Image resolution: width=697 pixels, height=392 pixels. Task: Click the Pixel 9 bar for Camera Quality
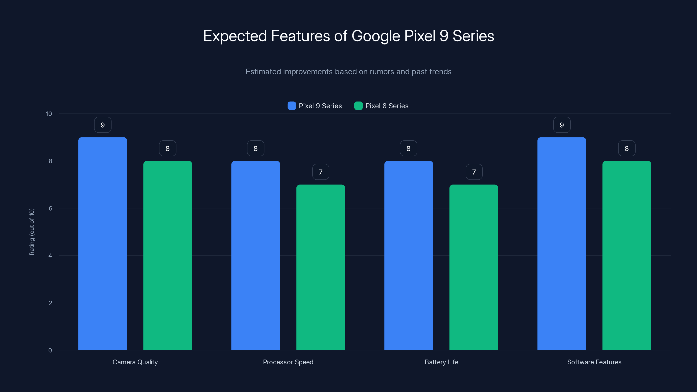103,243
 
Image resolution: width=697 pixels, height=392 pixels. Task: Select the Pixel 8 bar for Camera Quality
167,255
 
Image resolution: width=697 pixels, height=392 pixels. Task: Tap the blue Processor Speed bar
255,255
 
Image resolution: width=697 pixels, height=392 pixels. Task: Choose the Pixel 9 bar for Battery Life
409,255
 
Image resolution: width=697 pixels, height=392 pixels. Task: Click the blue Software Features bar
562,243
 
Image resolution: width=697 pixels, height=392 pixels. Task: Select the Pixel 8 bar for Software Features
627,255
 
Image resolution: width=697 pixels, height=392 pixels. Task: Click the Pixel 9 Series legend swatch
292,106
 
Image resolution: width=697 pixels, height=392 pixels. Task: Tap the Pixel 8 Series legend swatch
358,106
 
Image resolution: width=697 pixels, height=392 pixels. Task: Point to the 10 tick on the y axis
49,114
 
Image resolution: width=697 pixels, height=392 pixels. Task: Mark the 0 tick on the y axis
50,350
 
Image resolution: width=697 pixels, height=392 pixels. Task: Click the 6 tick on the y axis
50,208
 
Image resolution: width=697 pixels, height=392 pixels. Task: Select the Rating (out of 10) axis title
32,232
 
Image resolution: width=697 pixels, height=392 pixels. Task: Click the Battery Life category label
441,362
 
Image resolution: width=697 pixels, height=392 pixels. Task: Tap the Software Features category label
594,362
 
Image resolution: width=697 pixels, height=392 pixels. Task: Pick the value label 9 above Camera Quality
103,125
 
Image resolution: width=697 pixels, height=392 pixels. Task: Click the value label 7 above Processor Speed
321,172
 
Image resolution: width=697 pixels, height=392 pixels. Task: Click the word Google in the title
376,36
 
